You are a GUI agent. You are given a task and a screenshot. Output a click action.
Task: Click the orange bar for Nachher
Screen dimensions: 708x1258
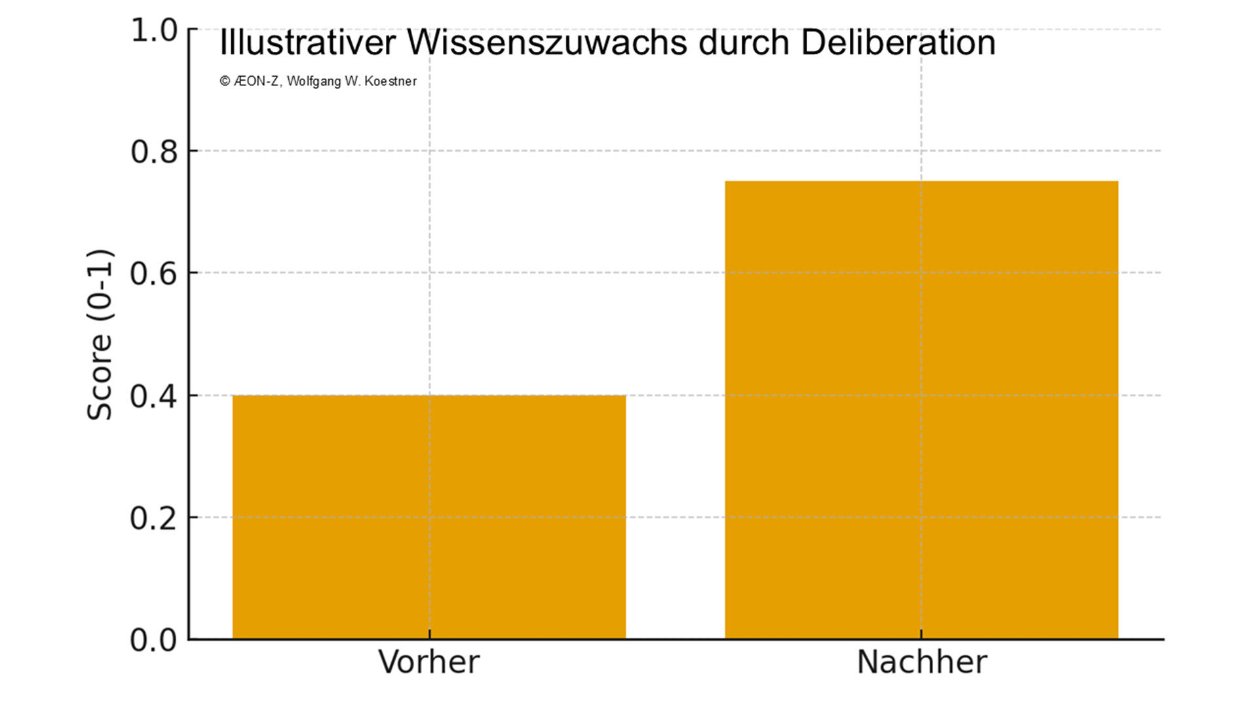921,410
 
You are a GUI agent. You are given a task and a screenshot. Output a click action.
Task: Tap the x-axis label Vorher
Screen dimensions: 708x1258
429,662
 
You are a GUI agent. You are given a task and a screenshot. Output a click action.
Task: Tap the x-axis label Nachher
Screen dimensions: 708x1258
921,662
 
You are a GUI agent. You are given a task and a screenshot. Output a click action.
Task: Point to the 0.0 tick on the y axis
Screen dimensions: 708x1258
154,640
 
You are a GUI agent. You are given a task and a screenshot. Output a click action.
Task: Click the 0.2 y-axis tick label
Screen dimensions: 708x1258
154,518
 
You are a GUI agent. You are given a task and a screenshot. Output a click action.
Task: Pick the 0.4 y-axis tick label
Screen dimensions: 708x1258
154,396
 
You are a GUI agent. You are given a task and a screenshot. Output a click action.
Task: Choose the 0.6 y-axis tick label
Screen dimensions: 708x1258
154,273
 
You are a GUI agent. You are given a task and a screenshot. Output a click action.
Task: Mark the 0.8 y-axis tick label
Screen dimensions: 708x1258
154,151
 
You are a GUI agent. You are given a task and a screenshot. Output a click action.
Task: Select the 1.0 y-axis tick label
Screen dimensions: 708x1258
154,30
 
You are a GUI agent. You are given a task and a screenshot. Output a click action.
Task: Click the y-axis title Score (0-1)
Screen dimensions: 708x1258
100,334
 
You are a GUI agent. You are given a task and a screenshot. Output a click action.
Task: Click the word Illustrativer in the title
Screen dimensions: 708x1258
307,43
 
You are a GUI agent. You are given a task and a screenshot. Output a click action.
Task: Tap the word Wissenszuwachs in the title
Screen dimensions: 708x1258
547,43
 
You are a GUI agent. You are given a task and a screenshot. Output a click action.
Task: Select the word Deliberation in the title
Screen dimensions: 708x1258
898,43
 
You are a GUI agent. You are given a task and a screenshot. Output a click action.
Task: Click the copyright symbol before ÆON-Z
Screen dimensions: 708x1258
225,81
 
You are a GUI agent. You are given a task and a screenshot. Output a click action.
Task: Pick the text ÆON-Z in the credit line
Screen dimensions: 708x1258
257,81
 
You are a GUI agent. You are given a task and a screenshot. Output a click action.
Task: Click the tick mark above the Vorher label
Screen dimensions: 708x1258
430,634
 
